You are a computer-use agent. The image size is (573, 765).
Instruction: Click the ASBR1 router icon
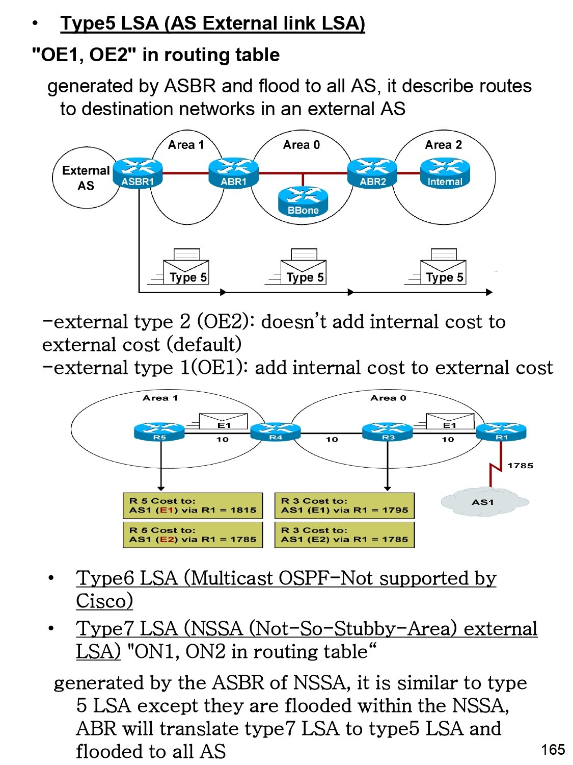pos(138,172)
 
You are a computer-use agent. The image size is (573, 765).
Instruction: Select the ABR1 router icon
pos(234,172)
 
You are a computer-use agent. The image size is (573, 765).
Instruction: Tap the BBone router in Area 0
pos(303,201)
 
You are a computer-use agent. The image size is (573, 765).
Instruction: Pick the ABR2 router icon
pos(373,172)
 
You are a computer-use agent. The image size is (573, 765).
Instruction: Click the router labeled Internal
pos(445,172)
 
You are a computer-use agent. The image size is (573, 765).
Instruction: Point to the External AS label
pos(86,178)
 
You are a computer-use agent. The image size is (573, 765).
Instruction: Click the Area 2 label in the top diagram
pos(443,145)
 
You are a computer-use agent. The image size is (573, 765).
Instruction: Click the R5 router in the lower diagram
pos(159,431)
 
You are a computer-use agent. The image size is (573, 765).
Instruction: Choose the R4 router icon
pos(276,431)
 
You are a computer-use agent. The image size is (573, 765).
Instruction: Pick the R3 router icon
pos(388,431)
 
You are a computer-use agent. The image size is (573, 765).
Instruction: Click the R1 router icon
pos(501,431)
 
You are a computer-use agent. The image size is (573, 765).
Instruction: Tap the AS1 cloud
pos(483,502)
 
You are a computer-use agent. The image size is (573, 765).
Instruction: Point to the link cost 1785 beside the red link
pos(520,466)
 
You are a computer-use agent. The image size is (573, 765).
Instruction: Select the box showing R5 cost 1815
pos(193,505)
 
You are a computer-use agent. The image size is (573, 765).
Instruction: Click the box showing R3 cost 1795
pos(344,505)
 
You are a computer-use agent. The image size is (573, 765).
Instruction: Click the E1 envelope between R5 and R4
pos(224,422)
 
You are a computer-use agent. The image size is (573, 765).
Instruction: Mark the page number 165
pos(553,750)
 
